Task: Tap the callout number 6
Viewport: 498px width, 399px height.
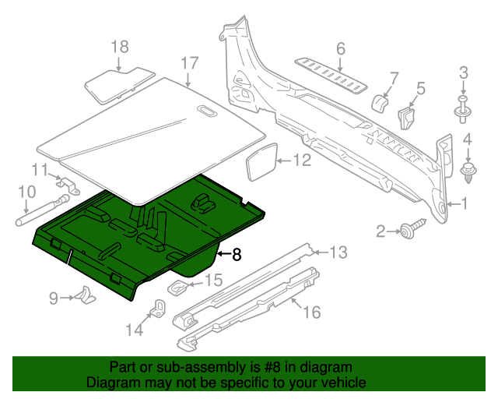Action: click(x=340, y=49)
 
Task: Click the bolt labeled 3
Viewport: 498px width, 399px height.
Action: click(x=464, y=110)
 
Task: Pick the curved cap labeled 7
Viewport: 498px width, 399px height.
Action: click(x=381, y=104)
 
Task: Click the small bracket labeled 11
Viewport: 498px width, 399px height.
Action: click(x=68, y=188)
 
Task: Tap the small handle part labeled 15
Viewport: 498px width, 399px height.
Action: click(x=178, y=288)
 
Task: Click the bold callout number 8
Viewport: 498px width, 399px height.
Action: click(x=237, y=254)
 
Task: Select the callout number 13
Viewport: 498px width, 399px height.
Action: click(x=338, y=252)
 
